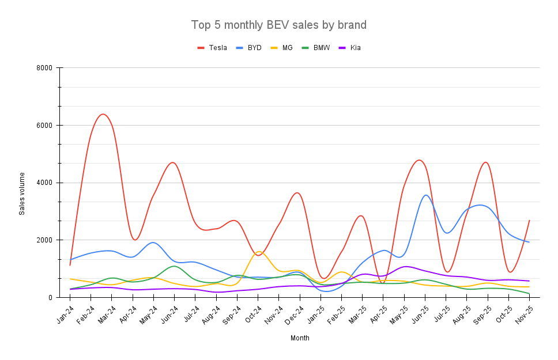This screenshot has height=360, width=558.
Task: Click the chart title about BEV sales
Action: pos(278,25)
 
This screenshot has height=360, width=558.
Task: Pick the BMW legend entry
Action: pos(321,48)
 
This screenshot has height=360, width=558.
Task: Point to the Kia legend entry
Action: pos(355,48)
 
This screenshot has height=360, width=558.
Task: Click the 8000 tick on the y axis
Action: pos(44,68)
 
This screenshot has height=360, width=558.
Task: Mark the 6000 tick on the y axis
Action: pos(44,126)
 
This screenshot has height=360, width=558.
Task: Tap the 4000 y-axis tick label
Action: pos(44,183)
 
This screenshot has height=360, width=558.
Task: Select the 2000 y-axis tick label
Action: pos(44,240)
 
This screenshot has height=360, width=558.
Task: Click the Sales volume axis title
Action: pos(22,194)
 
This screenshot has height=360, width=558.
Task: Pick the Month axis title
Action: pos(300,338)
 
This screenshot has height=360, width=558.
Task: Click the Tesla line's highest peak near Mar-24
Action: pos(103,114)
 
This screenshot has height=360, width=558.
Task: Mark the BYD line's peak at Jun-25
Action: pos(426,195)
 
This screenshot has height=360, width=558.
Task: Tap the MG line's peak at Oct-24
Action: pos(258,252)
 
